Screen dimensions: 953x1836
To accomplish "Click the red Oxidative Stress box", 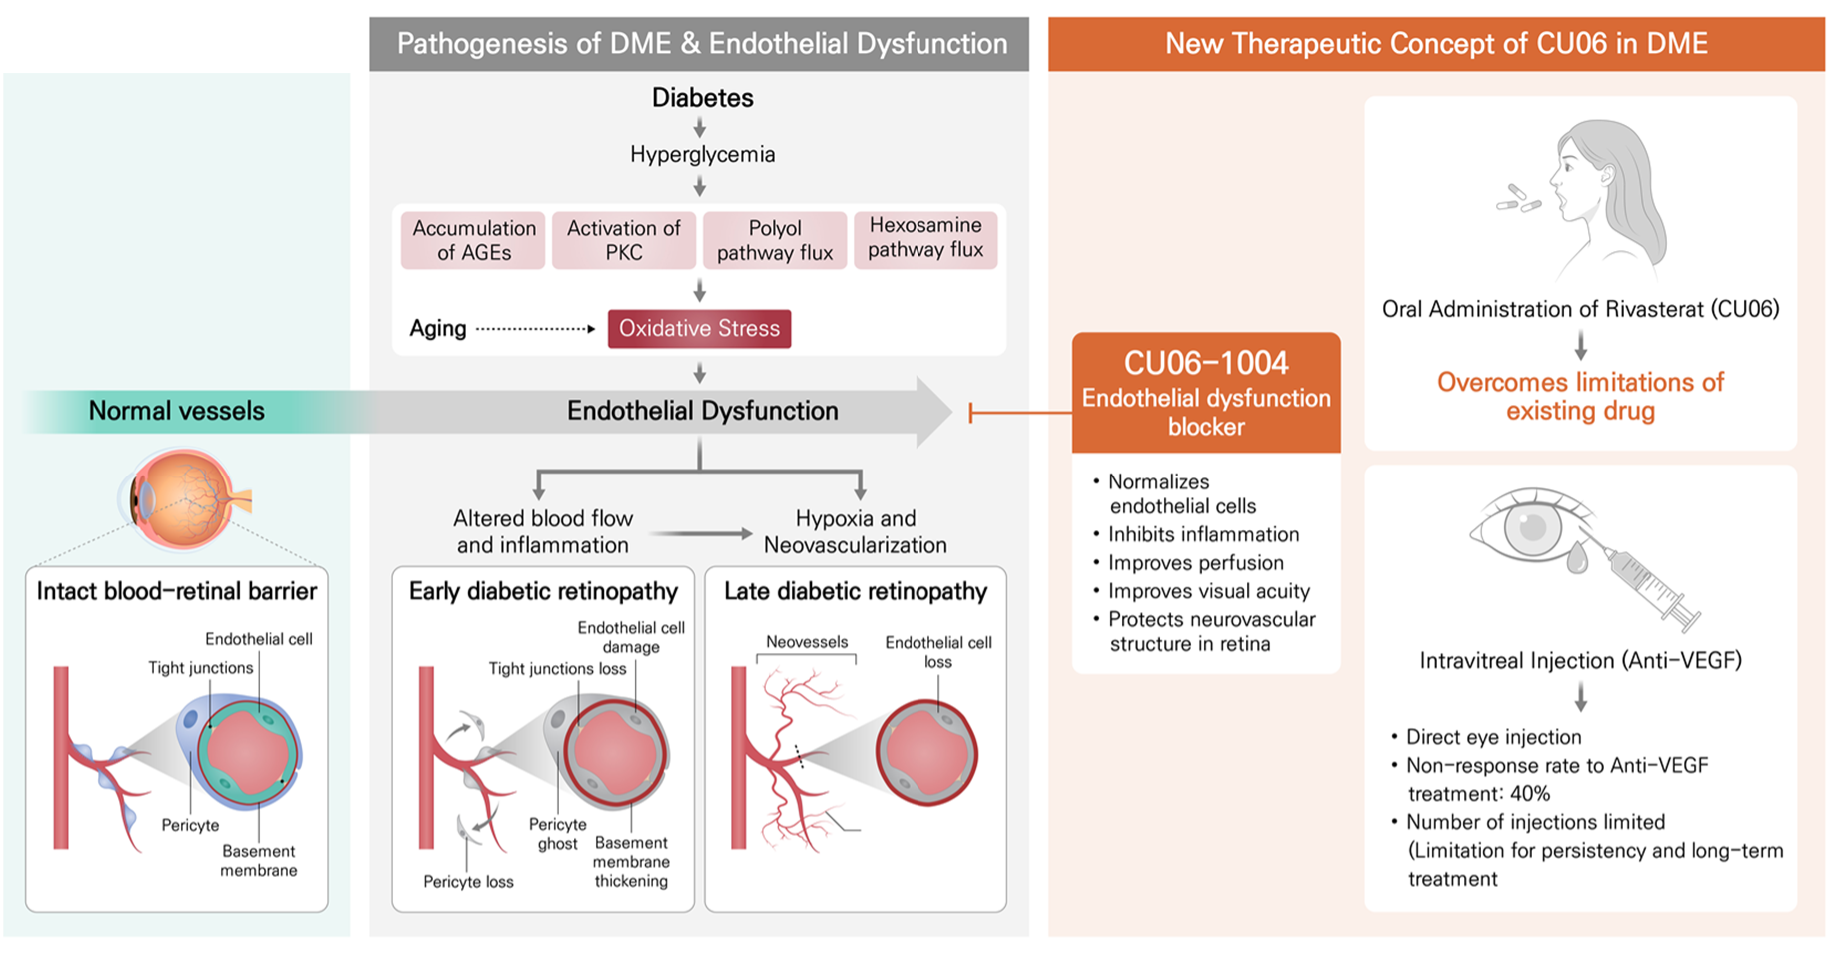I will pos(699,329).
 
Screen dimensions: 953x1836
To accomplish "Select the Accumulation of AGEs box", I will pos(474,241).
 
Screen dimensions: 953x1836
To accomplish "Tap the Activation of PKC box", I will pos(623,241).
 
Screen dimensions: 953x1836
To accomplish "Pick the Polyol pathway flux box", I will pos(775,241).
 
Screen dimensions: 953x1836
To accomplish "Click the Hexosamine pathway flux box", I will pos(925,238).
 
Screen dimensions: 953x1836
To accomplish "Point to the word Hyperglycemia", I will pos(702,154).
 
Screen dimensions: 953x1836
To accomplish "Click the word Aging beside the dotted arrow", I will pos(438,329).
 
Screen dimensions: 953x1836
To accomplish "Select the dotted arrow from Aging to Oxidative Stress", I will pos(535,329).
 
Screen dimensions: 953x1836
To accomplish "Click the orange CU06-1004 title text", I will pos(1206,363).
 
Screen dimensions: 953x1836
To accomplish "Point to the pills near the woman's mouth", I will pos(1517,199).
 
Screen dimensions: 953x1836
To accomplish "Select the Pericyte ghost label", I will pos(557,834).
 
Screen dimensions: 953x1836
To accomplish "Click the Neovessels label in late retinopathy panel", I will pos(806,642).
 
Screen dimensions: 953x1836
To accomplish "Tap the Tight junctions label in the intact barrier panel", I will pos(200,668).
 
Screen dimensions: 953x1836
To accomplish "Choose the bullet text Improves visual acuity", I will pos(1208,591).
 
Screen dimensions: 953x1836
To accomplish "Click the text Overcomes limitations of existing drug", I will pos(1580,396).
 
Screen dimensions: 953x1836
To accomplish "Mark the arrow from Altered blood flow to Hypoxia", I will pos(700,534).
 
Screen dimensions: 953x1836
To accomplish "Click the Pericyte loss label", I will pos(468,882).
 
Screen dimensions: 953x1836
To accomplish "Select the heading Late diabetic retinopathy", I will pos(855,591).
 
